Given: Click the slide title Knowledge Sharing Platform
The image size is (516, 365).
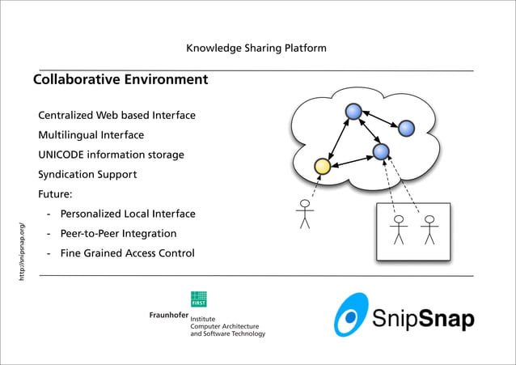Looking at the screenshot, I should (256, 48).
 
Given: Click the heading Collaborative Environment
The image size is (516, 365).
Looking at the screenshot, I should (121, 80).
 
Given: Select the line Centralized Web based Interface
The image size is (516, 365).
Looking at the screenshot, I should (116, 116).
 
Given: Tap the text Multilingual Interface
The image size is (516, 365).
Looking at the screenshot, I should (91, 135).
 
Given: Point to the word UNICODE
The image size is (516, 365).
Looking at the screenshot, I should (65, 155).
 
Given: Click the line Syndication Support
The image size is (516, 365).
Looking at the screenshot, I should (87, 174).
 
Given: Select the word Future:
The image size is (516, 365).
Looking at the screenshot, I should (55, 194).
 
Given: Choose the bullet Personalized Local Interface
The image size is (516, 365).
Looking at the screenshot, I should (128, 214).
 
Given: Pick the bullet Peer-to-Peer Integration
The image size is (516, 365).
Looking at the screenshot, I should (118, 233).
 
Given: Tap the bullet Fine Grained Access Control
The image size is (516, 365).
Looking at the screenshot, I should (127, 253).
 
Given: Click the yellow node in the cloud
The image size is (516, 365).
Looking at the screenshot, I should (322, 166).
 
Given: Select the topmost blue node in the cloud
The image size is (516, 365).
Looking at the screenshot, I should (353, 111).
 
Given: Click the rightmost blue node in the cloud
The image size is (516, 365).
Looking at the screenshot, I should (406, 128).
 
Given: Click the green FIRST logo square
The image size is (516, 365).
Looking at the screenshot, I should (198, 299).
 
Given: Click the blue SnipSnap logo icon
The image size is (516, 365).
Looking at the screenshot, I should (351, 314).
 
